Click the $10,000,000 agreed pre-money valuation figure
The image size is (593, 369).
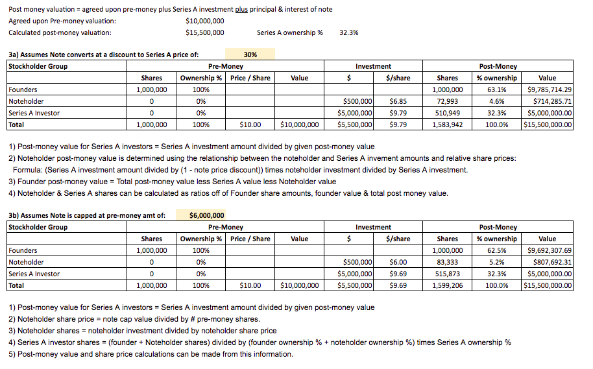click(204, 21)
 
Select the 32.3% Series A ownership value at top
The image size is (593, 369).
click(348, 32)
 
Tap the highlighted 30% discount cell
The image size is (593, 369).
click(250, 54)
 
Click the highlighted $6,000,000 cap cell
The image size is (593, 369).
click(207, 215)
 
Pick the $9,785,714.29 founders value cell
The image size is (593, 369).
click(548, 89)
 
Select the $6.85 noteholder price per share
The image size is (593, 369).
click(398, 101)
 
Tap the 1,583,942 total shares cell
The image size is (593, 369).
click(448, 125)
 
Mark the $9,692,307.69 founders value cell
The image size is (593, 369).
click(548, 250)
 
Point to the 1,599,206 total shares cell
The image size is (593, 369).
click(448, 285)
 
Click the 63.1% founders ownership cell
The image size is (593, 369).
click(497, 89)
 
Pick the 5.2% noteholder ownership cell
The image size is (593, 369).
click(497, 262)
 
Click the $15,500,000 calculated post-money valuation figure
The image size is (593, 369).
click(204, 32)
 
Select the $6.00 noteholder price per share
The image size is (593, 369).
click(398, 262)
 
